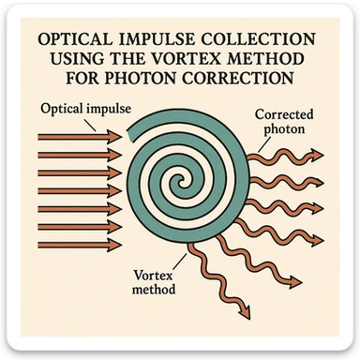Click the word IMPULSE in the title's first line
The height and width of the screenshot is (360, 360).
click(155, 42)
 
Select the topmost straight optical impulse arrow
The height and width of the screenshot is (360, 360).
click(80, 136)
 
